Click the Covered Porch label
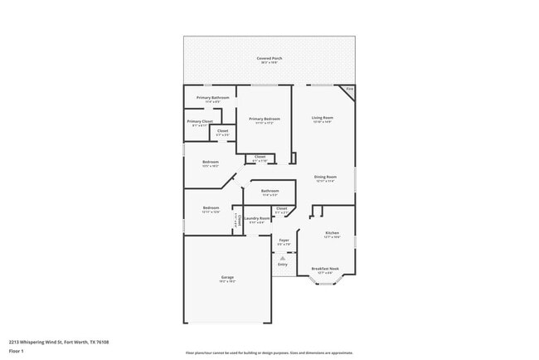pyautogui.click(x=269, y=58)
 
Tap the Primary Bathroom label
pyautogui.click(x=213, y=98)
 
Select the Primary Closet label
pyautogui.click(x=200, y=122)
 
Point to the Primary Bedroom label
pyautogui.click(x=265, y=119)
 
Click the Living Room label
pyautogui.click(x=323, y=118)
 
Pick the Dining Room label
pyautogui.click(x=325, y=177)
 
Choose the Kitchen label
pyautogui.click(x=332, y=233)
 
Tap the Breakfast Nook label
pyautogui.click(x=325, y=269)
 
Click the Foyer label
pyautogui.click(x=283, y=241)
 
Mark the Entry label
pyautogui.click(x=283, y=264)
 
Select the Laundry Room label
pyautogui.click(x=256, y=219)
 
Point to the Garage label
pyautogui.click(x=227, y=277)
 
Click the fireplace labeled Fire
pyautogui.click(x=350, y=89)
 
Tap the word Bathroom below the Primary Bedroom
pyautogui.click(x=269, y=191)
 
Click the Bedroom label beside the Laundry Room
pyautogui.click(x=211, y=207)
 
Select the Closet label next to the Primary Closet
pyautogui.click(x=223, y=130)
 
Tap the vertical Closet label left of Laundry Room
pyautogui.click(x=237, y=220)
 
